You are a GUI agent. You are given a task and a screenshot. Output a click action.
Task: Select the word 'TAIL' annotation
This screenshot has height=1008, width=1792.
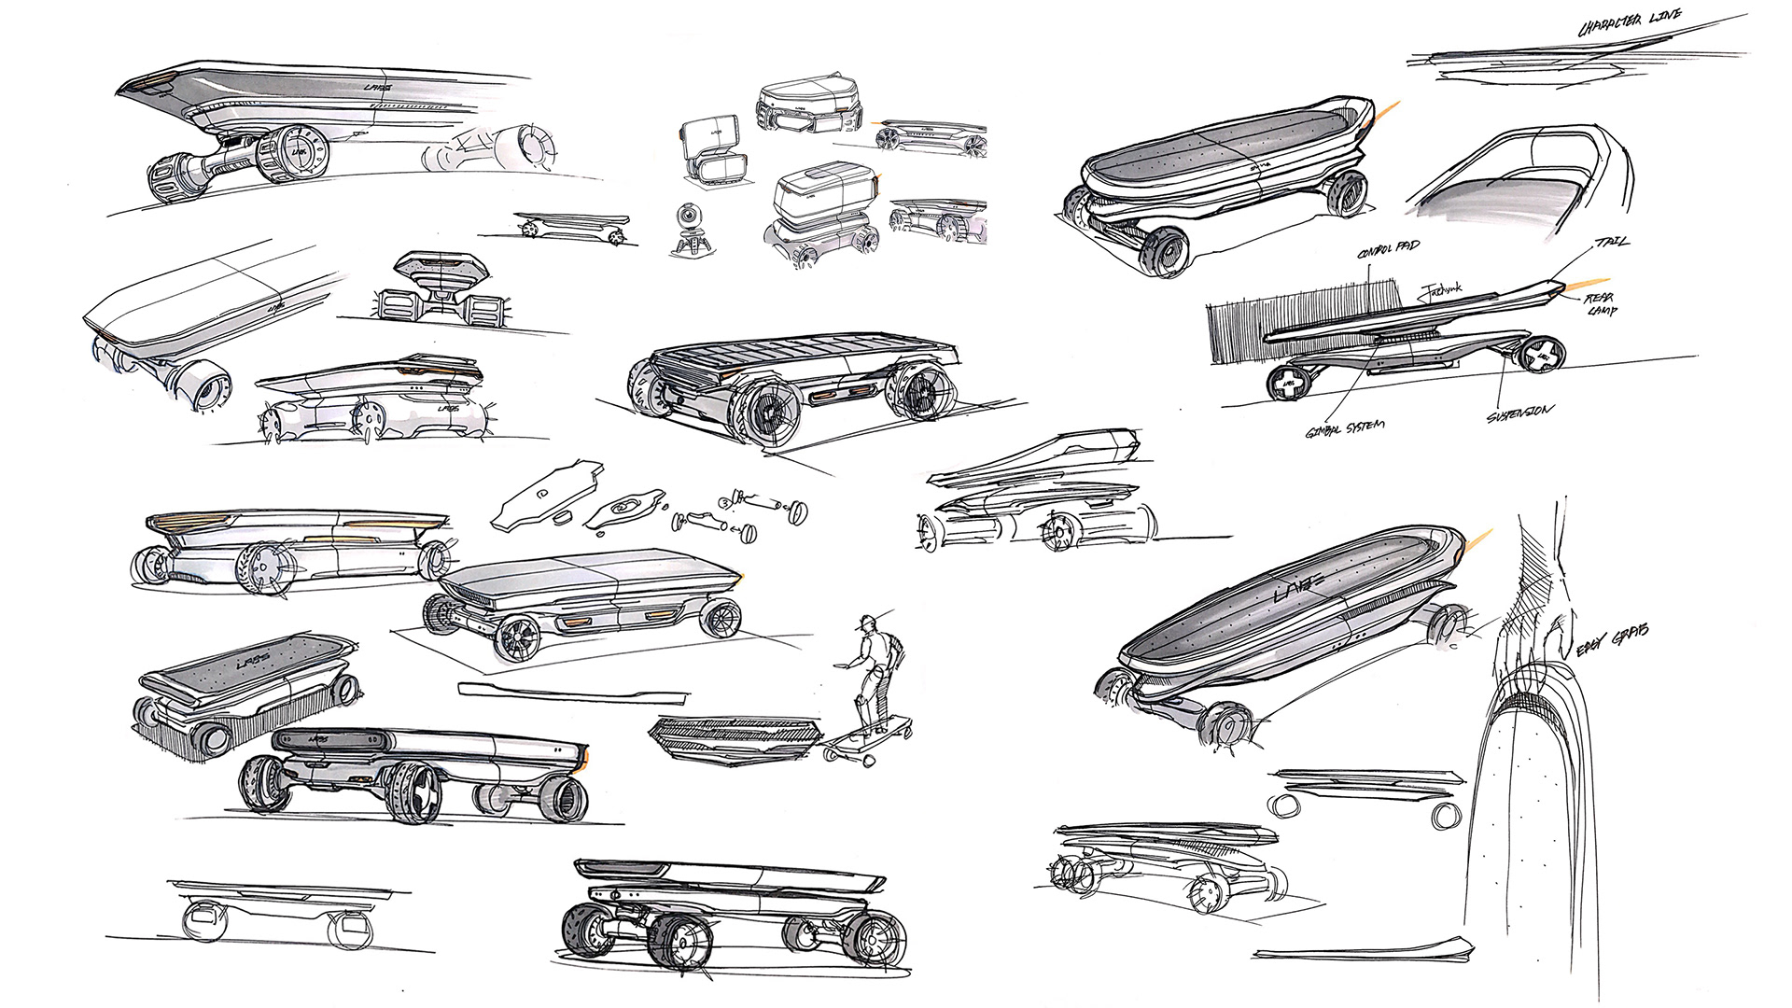point(1613,242)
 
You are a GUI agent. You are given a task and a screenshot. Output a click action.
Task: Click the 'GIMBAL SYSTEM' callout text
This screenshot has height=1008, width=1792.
point(1346,428)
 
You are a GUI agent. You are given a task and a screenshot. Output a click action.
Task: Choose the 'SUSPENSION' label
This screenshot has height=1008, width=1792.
point(1520,412)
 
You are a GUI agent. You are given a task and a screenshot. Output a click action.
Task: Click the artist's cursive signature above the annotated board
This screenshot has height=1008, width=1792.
point(1441,291)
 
